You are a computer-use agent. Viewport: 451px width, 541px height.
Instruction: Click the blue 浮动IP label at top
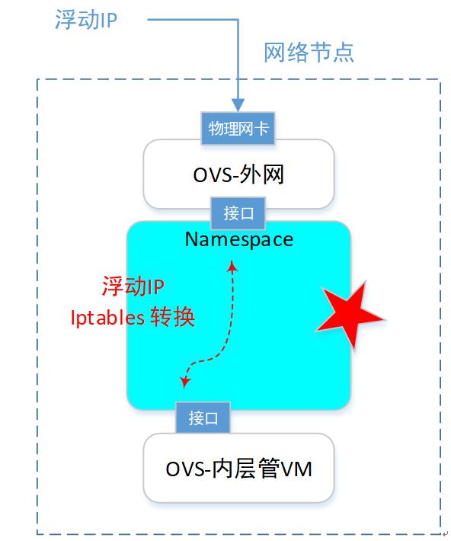tap(85, 21)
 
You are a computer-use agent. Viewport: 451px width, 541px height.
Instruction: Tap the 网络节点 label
tap(309, 53)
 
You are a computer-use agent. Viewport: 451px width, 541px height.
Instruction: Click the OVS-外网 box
tap(238, 174)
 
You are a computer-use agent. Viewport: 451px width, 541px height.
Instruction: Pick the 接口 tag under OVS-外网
tap(238, 213)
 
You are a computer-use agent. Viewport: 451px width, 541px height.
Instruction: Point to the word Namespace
tap(238, 239)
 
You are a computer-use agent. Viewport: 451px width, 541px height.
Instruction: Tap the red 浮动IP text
tap(133, 287)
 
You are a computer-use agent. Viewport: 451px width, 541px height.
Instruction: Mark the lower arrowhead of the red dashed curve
tap(184, 379)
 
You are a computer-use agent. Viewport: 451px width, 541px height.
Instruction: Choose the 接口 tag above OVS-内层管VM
tap(203, 418)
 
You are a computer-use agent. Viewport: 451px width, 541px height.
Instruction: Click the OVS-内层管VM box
tap(238, 468)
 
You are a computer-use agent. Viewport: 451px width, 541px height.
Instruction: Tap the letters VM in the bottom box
tap(297, 469)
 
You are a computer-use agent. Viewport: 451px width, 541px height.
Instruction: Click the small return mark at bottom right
tap(446, 534)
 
